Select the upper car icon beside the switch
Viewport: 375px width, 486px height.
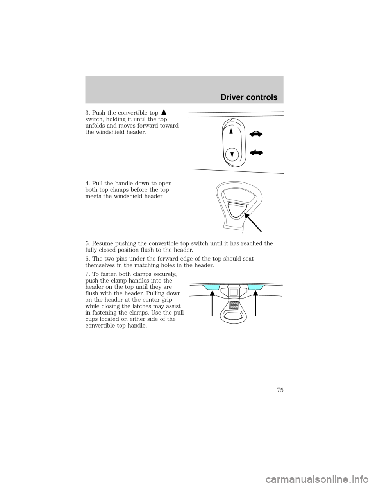pyautogui.click(x=256, y=134)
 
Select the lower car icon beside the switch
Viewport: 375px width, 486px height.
pyautogui.click(x=256, y=152)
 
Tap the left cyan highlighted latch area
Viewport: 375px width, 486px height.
pyautogui.click(x=211, y=288)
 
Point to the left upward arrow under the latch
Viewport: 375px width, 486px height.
pyautogui.click(x=211, y=305)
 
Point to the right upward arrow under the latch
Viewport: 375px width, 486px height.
pyautogui.click(x=255, y=305)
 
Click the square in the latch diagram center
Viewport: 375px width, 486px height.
pyautogui.click(x=233, y=292)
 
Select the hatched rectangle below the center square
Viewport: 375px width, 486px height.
pyautogui.click(x=233, y=304)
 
